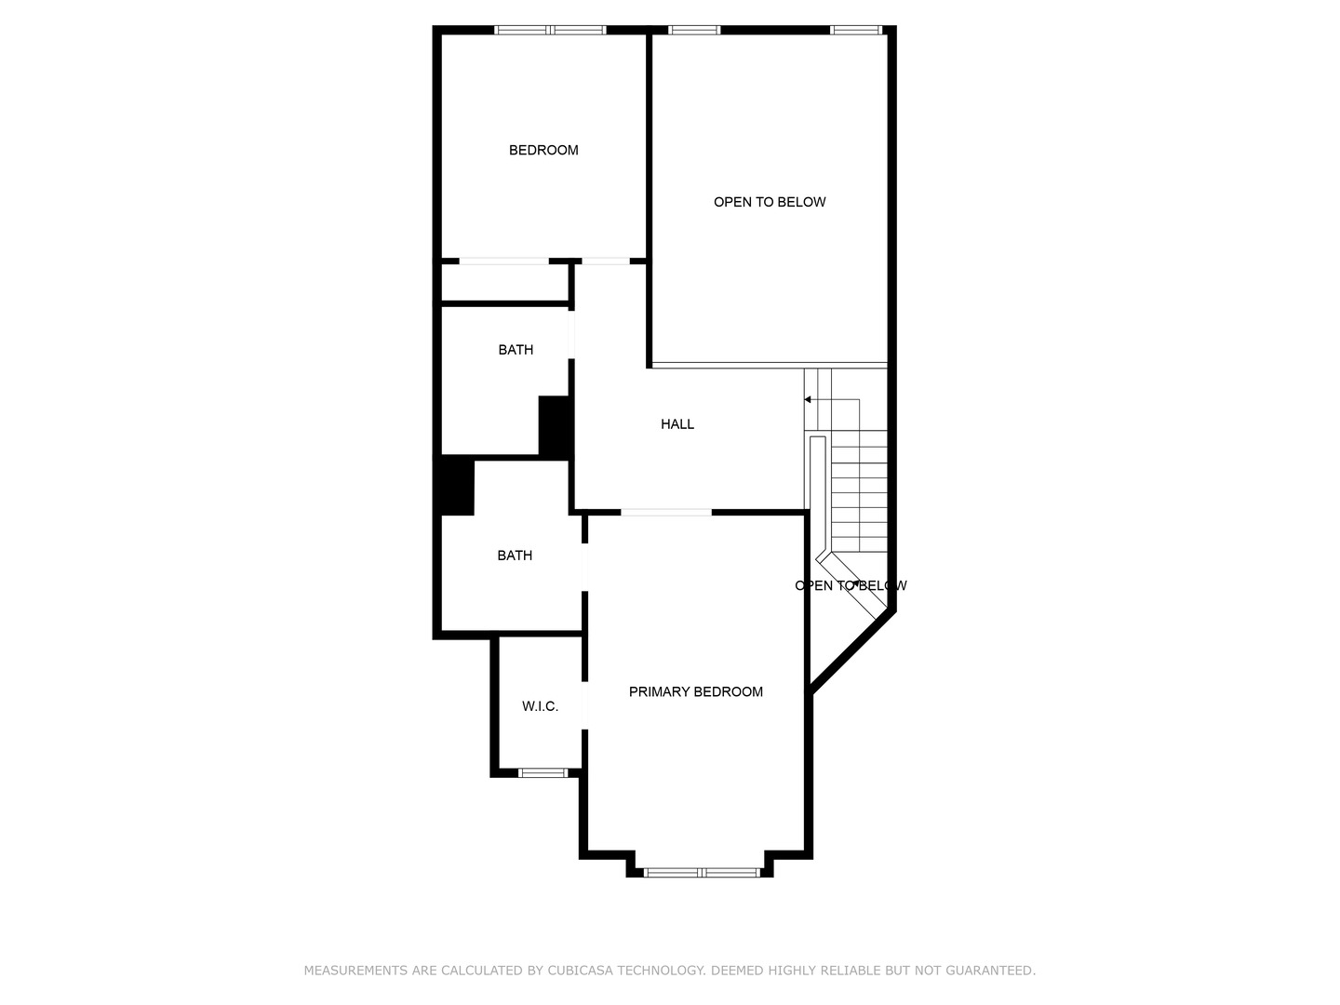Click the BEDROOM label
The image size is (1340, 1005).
(x=543, y=150)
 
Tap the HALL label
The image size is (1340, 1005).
(x=677, y=424)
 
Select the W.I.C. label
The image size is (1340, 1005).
(x=540, y=706)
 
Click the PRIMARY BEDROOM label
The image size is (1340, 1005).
(x=696, y=691)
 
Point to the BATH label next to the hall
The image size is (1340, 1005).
(x=516, y=350)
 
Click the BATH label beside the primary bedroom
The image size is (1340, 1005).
(x=515, y=556)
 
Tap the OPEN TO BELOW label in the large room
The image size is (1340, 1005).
(x=770, y=202)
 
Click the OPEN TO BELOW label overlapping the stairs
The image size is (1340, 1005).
(x=851, y=585)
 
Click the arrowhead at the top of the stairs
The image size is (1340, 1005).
(x=808, y=399)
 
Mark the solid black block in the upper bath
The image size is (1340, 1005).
(x=555, y=426)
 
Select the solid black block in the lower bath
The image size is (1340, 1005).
(x=456, y=486)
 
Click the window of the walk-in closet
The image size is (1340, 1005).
(x=543, y=772)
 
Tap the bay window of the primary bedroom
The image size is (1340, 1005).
(x=703, y=872)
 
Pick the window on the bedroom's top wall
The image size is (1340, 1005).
(x=551, y=30)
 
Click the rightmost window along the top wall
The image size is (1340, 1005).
(x=855, y=30)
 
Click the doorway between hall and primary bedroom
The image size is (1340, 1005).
(x=666, y=512)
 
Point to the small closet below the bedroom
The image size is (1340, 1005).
(x=504, y=283)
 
